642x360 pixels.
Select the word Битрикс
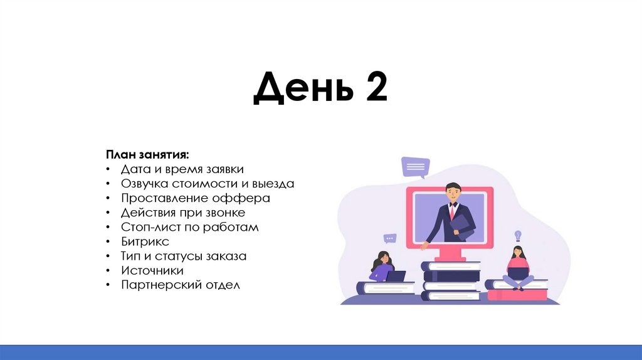tap(145, 241)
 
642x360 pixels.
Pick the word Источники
tap(152, 270)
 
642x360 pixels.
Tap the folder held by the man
tap(463, 224)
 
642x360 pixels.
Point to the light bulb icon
tap(518, 236)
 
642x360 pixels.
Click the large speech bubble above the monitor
tap(415, 167)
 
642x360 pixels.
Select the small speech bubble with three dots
tap(391, 238)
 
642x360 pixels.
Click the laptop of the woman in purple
tap(396, 276)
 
